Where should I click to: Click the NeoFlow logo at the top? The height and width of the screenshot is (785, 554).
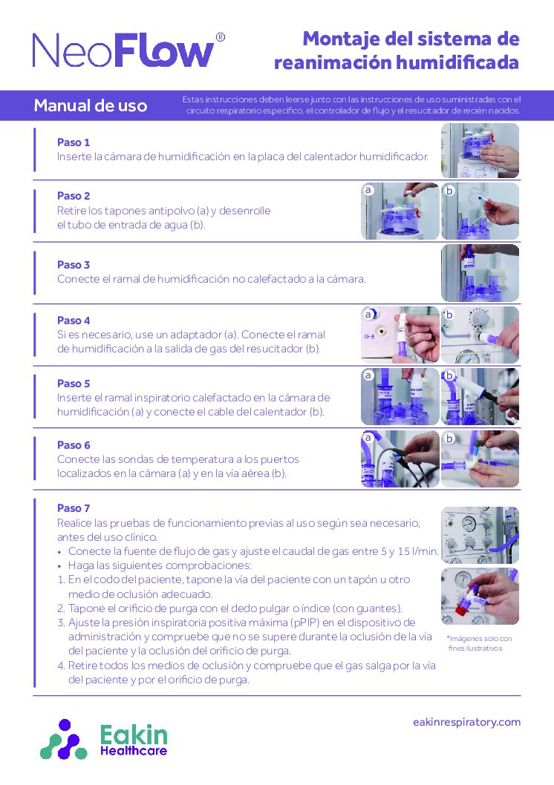tap(123, 51)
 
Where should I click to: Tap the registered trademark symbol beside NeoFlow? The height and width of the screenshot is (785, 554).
tap(220, 37)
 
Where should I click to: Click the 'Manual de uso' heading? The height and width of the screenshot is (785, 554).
tap(91, 105)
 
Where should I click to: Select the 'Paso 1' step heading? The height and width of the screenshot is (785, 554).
tap(74, 142)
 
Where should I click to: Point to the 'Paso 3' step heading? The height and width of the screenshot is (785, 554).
tap(74, 264)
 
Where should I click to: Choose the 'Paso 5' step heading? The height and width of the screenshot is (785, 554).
tap(74, 384)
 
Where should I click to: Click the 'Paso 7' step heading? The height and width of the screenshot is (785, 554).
tap(74, 508)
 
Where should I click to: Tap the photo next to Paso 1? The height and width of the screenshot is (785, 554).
tap(480, 150)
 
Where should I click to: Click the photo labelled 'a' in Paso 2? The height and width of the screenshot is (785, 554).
tap(400, 211)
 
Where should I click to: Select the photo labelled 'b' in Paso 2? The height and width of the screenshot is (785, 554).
tap(480, 211)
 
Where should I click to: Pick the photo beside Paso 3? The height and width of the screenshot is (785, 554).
tap(480, 272)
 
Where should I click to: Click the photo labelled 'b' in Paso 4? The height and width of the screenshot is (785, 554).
tap(480, 335)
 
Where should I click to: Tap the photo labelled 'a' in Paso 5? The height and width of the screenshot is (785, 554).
tap(400, 396)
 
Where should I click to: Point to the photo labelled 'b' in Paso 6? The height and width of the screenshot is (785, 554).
tap(480, 459)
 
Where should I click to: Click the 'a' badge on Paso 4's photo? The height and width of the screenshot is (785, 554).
tap(368, 314)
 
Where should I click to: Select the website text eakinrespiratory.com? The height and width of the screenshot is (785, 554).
tap(466, 722)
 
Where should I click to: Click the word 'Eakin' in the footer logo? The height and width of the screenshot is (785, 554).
tap(134, 735)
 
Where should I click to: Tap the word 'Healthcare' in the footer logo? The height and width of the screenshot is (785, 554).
tap(134, 751)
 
